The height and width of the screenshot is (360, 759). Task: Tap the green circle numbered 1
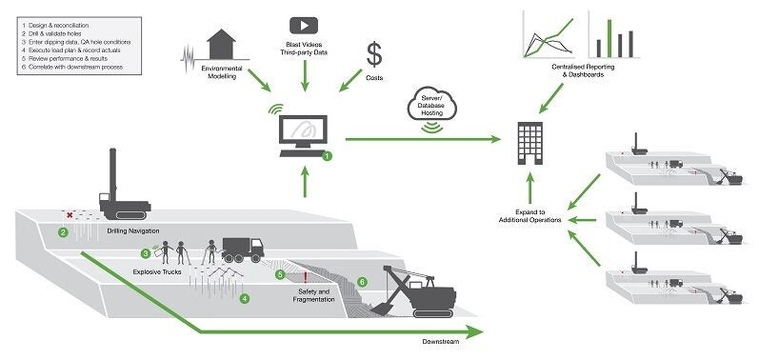[x=329, y=154]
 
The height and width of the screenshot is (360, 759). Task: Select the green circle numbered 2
[x=63, y=231]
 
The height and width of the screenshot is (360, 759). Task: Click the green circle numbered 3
[x=146, y=254]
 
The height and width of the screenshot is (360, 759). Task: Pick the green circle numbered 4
[x=245, y=299]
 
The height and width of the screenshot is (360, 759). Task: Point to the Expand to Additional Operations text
[x=533, y=214]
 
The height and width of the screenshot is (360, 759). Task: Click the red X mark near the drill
[x=69, y=215]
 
